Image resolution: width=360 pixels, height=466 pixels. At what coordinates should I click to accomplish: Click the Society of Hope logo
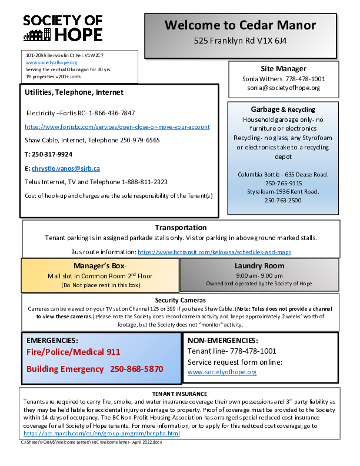(x=63, y=28)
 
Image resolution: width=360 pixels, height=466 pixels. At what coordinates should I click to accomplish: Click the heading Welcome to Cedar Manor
(x=240, y=25)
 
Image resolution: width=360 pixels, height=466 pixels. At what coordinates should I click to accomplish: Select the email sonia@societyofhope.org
(x=284, y=88)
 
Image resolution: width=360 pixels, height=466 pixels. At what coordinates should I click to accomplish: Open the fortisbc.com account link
(x=117, y=127)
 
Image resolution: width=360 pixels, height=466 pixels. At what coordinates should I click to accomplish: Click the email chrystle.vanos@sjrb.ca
(x=65, y=168)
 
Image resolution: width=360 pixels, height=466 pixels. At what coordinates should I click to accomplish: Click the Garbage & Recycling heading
(x=283, y=109)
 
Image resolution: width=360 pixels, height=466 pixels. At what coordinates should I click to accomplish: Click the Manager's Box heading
(x=101, y=266)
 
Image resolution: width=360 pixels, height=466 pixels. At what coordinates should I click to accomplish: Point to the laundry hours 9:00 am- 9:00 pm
(x=259, y=275)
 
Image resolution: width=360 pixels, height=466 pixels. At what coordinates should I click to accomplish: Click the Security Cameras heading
(x=179, y=300)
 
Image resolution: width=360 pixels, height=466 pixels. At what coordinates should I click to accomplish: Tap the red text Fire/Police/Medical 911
(x=74, y=352)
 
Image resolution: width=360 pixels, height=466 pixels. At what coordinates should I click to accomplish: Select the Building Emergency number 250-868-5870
(x=136, y=369)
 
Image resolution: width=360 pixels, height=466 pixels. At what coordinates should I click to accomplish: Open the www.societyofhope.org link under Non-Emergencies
(x=222, y=372)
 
